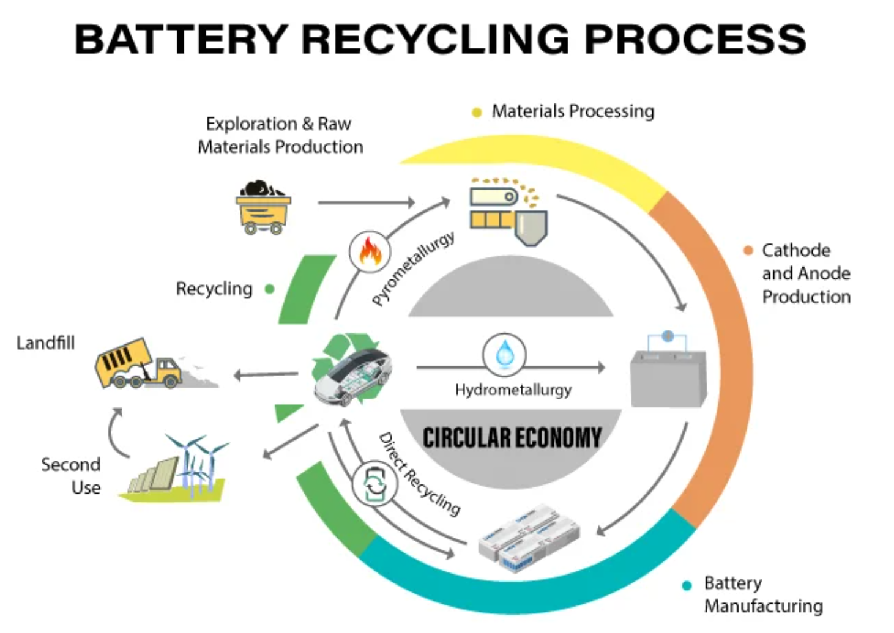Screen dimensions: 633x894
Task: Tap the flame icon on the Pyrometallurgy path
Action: [370, 251]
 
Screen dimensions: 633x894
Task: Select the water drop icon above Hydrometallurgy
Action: [504, 354]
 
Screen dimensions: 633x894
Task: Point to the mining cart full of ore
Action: [263, 207]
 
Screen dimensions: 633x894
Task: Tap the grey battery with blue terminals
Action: [668, 371]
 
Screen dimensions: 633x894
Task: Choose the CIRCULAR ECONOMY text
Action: [512, 438]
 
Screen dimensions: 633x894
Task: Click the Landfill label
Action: [45, 342]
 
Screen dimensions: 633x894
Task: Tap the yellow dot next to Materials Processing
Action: [477, 112]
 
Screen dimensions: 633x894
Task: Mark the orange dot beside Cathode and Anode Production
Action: [748, 250]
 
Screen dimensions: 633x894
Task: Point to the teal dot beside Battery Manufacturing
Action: [687, 585]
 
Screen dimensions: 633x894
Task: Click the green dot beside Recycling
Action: [269, 289]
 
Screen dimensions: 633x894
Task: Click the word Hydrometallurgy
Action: [513, 390]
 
